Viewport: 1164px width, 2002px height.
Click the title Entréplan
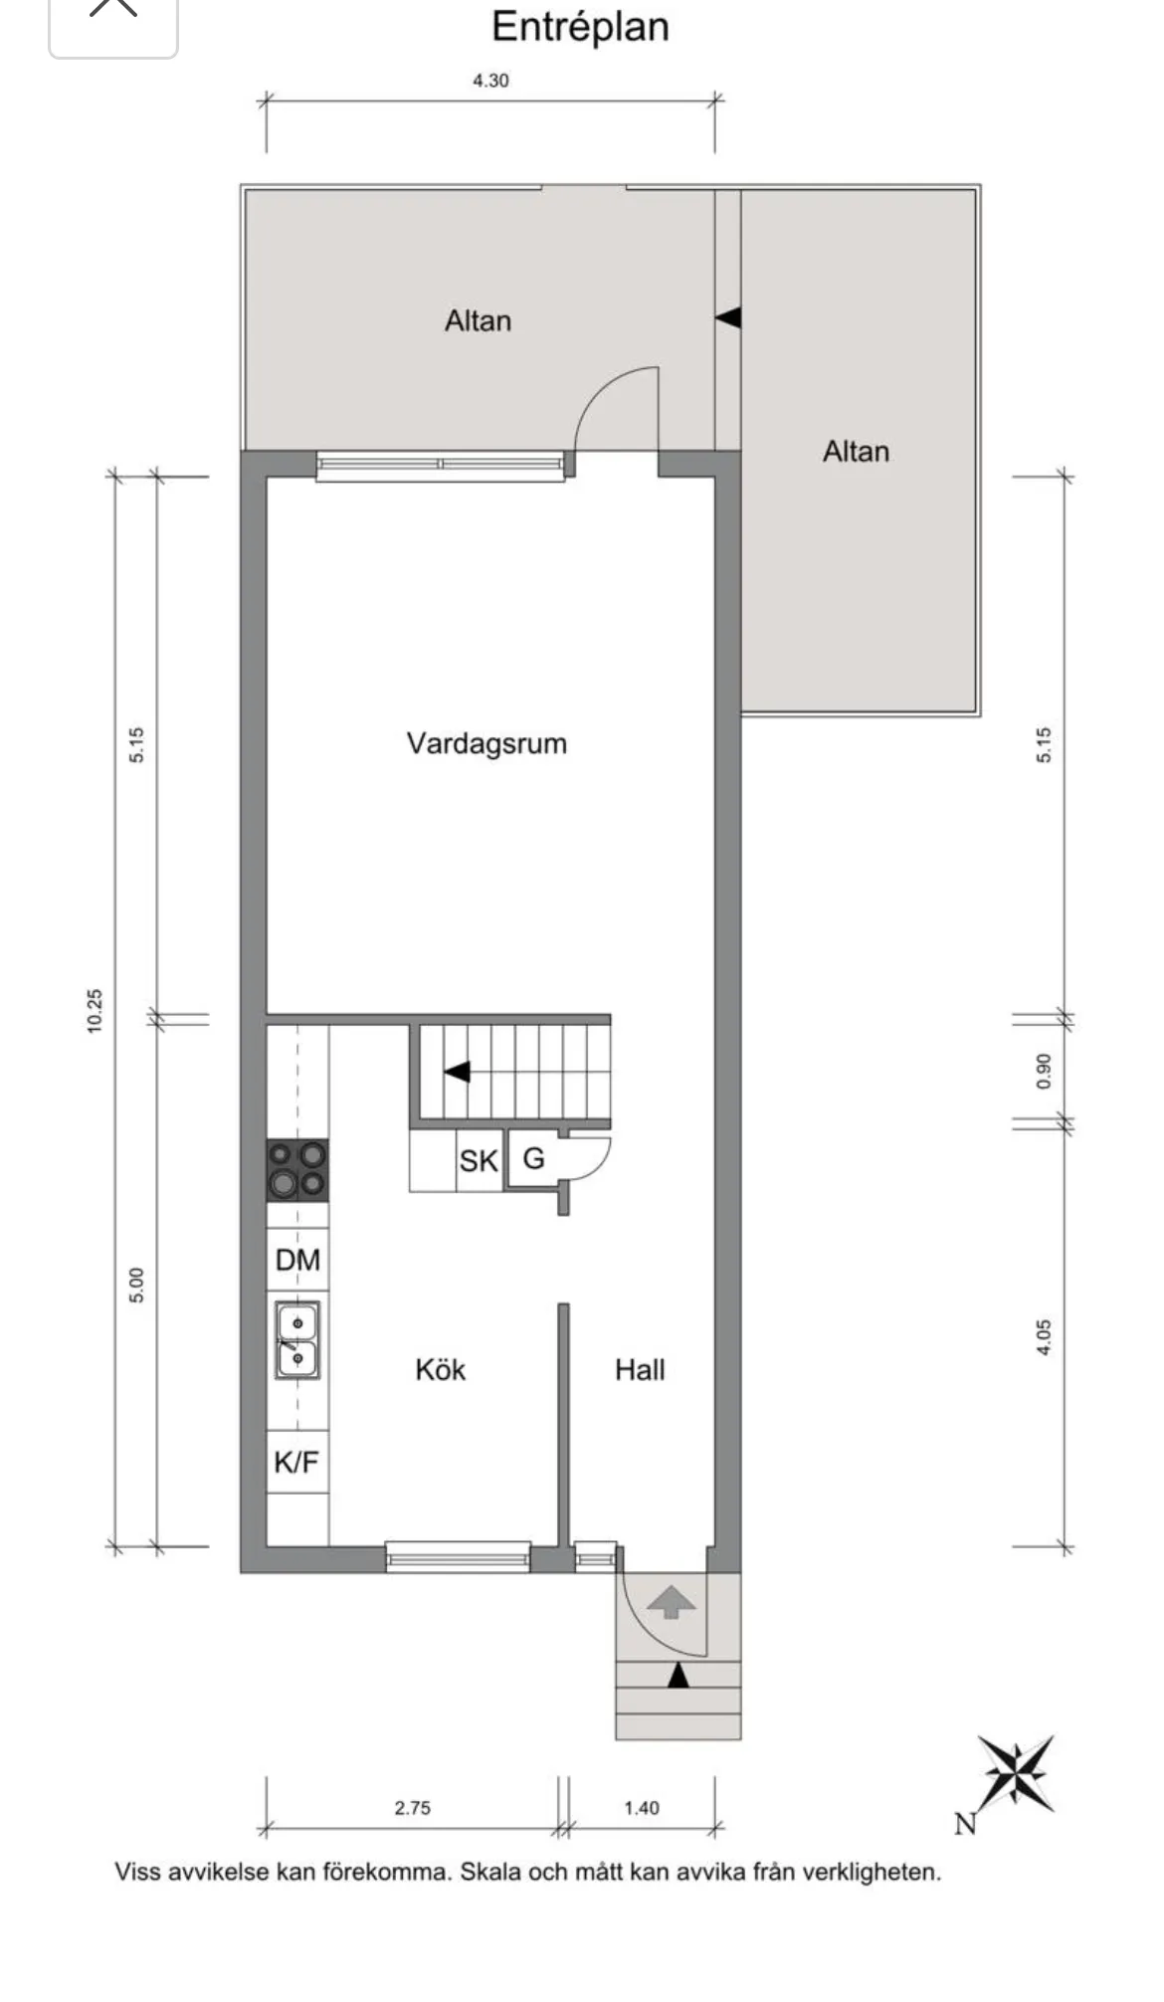click(x=580, y=27)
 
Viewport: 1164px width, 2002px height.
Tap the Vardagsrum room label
click(x=486, y=743)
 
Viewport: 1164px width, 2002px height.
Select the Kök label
click(x=440, y=1370)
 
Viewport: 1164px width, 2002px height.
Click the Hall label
click(x=640, y=1370)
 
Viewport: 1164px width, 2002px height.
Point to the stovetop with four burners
click(x=297, y=1169)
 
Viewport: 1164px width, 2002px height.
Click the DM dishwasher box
click(x=297, y=1260)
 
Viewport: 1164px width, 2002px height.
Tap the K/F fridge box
click(x=296, y=1462)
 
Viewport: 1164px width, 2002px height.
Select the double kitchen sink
click(x=297, y=1340)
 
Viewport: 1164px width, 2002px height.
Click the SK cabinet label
click(x=479, y=1161)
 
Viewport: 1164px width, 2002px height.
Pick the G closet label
click(x=533, y=1158)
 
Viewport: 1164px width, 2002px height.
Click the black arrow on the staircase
click(x=457, y=1073)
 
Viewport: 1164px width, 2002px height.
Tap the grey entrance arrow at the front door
click(x=672, y=1601)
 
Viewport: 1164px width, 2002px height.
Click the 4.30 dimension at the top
click(x=490, y=81)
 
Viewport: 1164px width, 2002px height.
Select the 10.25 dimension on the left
click(x=95, y=1010)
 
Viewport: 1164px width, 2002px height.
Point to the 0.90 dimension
click(x=1043, y=1071)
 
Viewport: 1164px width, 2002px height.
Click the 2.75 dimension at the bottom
click(x=412, y=1808)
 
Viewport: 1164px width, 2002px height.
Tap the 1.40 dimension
click(x=642, y=1808)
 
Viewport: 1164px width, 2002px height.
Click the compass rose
click(x=1015, y=1774)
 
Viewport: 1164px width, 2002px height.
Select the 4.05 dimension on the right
click(x=1043, y=1336)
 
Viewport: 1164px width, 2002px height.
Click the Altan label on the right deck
click(x=856, y=452)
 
